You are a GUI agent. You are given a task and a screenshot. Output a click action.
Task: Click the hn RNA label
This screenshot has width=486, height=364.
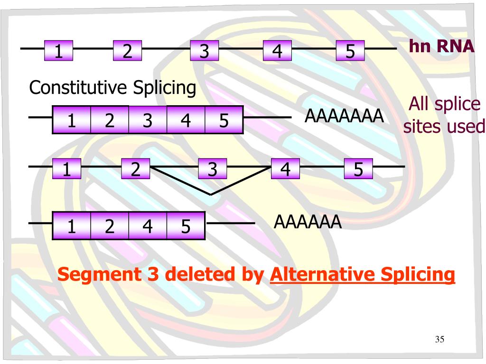[441, 46]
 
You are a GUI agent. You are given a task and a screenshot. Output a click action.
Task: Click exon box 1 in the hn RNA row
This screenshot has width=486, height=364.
[59, 51]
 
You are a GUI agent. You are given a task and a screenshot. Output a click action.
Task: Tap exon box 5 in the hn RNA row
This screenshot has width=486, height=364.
[350, 51]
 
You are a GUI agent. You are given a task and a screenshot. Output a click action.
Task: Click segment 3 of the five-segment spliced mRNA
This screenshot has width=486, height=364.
[148, 120]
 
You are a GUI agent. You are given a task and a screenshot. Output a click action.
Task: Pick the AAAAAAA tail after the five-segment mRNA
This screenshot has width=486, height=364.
[344, 116]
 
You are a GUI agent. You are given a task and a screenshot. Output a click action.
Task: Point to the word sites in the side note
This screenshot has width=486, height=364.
[424, 127]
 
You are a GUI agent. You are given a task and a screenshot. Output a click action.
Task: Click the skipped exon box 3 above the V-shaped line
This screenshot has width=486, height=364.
[212, 169]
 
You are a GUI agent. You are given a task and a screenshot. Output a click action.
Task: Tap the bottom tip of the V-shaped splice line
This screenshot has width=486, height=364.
[211, 194]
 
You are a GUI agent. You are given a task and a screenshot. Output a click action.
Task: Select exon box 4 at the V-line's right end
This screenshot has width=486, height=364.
[285, 169]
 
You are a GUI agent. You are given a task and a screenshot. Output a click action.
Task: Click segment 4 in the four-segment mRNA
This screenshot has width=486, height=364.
[148, 227]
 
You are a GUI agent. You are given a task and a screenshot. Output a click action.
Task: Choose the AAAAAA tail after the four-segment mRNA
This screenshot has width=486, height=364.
[308, 221]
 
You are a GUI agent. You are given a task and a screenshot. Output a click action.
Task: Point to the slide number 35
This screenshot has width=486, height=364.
[439, 339]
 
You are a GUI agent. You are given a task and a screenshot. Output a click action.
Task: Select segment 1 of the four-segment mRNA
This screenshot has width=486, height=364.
[72, 227]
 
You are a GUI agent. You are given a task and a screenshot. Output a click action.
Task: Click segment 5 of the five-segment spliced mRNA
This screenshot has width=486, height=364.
[224, 120]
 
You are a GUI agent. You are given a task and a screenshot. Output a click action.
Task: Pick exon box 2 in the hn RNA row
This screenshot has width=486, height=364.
[127, 51]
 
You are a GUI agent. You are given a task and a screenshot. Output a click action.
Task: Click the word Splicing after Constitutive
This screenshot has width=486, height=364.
[164, 88]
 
